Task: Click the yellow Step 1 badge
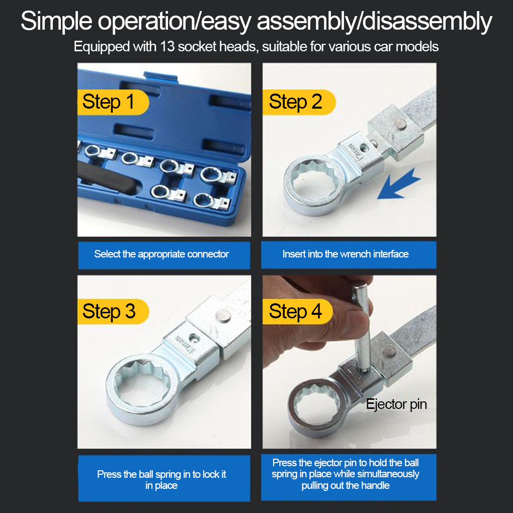pyautogui.click(x=113, y=102)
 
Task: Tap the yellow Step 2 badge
pyautogui.click(x=299, y=102)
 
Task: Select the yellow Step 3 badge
pyautogui.click(x=113, y=311)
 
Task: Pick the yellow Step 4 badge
pyautogui.click(x=298, y=311)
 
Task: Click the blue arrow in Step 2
pyautogui.click(x=398, y=185)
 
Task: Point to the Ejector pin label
pyautogui.click(x=396, y=404)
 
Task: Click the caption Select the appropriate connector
pyautogui.click(x=161, y=254)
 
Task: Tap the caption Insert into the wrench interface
pyautogui.click(x=346, y=254)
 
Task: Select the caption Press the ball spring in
pyautogui.click(x=161, y=480)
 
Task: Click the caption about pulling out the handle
pyautogui.click(x=346, y=474)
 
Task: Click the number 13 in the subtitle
pyautogui.click(x=167, y=46)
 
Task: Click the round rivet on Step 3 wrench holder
pyautogui.click(x=223, y=316)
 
